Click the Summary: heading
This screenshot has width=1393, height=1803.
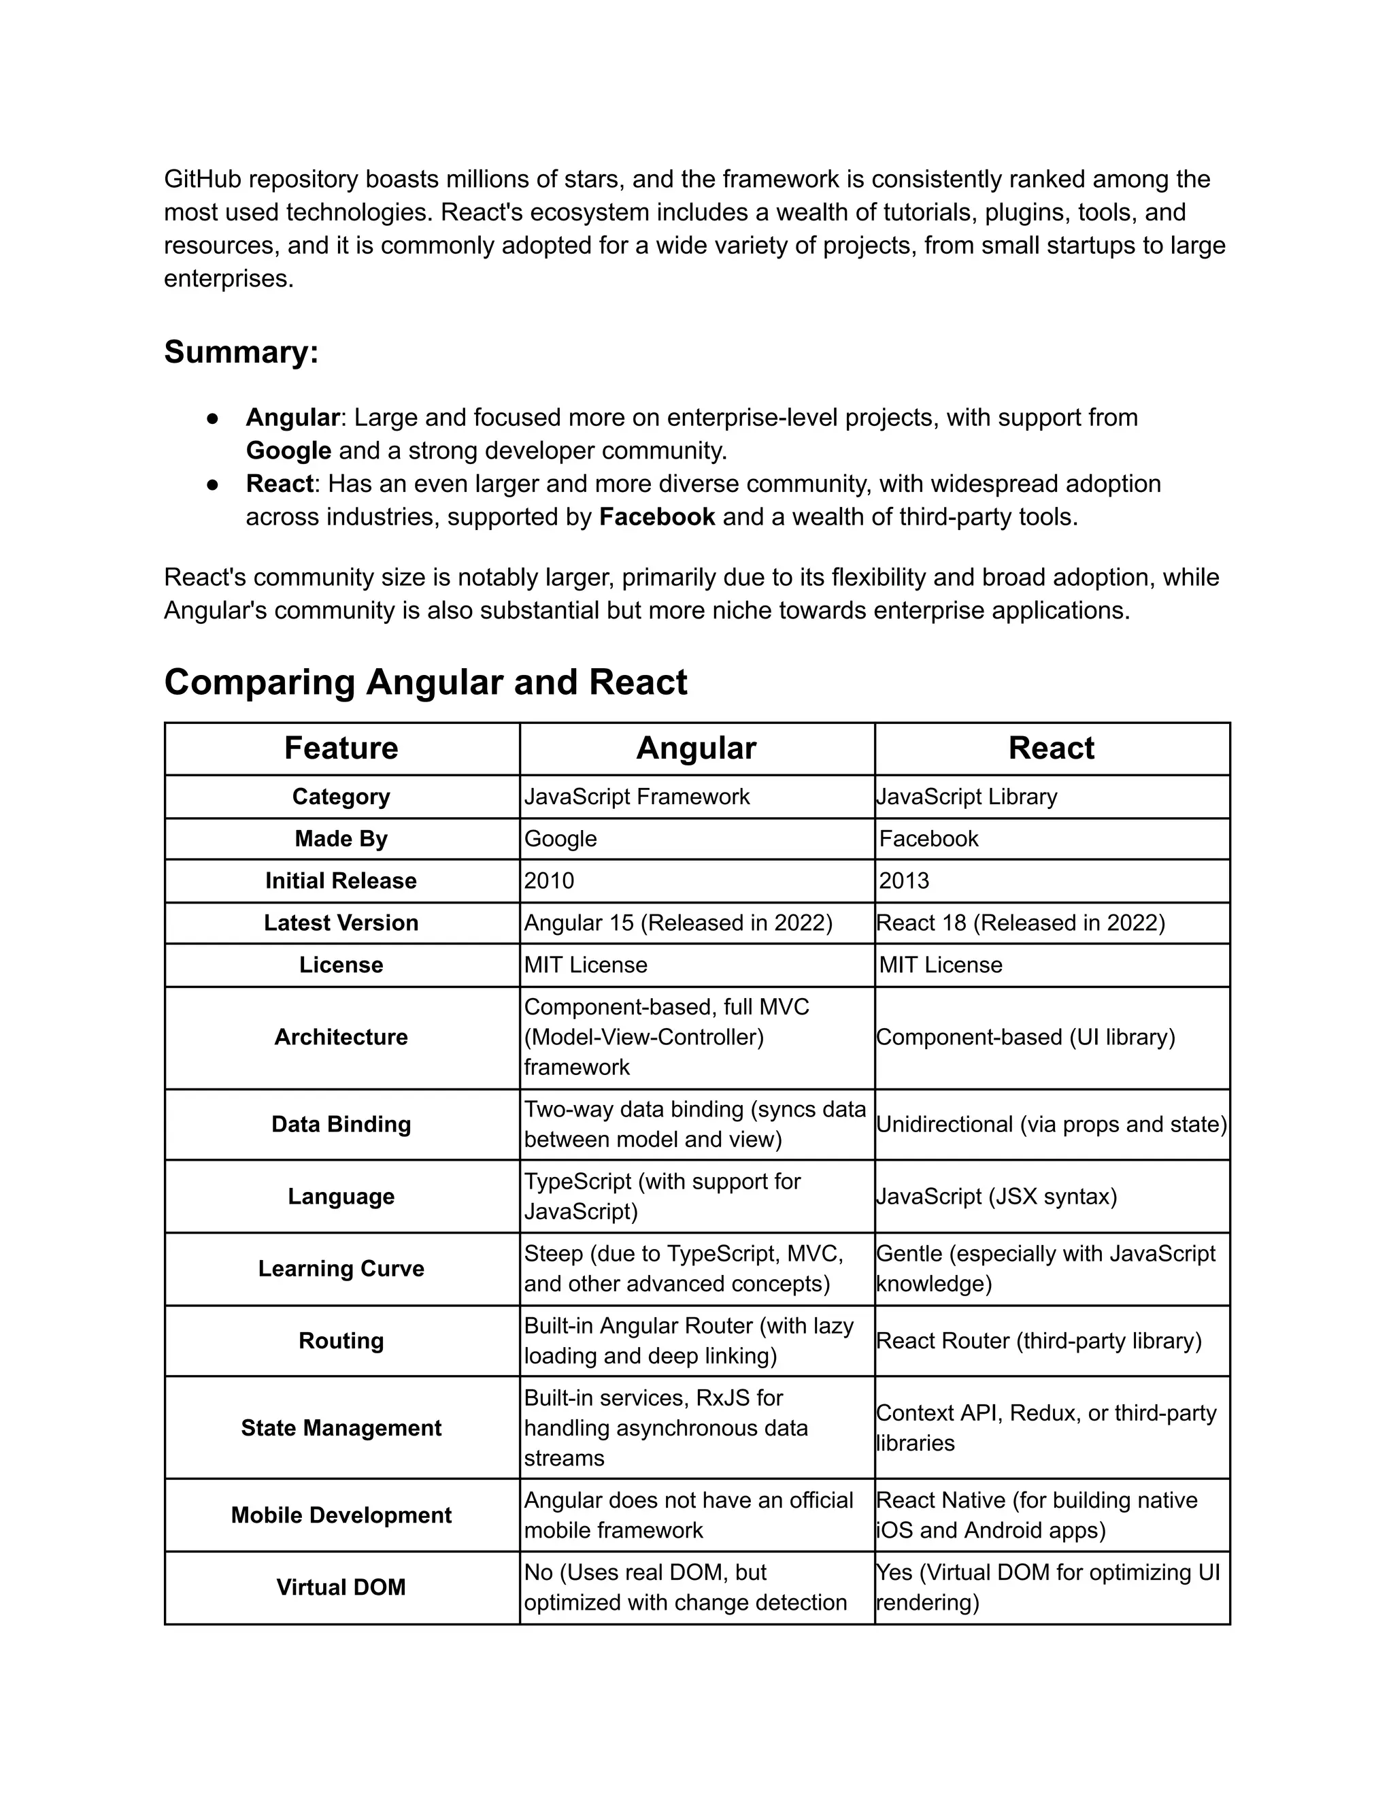(241, 352)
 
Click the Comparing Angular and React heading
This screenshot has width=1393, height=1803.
(425, 682)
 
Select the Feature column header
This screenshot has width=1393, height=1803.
(341, 748)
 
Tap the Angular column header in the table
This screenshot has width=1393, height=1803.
(696, 748)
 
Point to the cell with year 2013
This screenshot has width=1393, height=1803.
(904, 881)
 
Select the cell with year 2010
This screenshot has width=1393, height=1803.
(549, 881)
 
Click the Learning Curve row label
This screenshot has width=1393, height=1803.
(341, 1269)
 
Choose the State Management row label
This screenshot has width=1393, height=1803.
(341, 1428)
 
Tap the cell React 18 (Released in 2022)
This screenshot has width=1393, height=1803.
(1020, 923)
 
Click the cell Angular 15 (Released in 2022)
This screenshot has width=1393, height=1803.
(677, 923)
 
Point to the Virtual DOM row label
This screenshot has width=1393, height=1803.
(341, 1587)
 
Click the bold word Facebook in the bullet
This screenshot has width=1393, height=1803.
(656, 518)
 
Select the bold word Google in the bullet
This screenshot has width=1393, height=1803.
(288, 450)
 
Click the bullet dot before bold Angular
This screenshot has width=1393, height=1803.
(212, 418)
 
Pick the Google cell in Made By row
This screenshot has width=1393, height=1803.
(560, 839)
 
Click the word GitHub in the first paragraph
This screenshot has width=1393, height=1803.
(202, 179)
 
